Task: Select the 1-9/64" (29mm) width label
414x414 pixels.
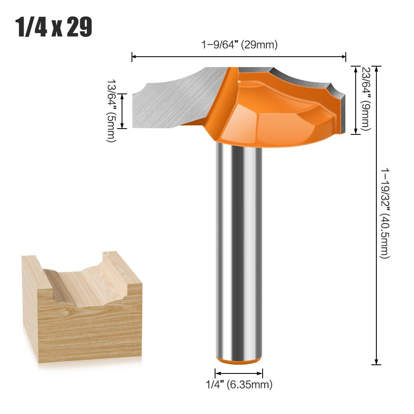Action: click(239, 45)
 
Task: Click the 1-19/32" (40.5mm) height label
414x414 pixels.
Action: click(385, 213)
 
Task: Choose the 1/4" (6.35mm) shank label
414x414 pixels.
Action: click(239, 385)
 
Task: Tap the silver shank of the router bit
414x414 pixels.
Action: click(239, 248)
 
